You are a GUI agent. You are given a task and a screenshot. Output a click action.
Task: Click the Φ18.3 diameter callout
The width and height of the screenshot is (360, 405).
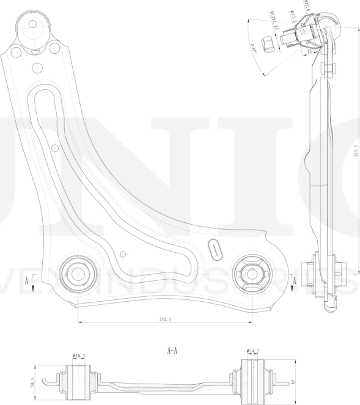(x=78, y=356)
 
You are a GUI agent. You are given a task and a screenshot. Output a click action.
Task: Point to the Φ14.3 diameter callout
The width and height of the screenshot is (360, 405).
(x=253, y=351)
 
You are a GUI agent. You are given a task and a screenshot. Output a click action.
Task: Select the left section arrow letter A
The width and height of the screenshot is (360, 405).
(x=28, y=281)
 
